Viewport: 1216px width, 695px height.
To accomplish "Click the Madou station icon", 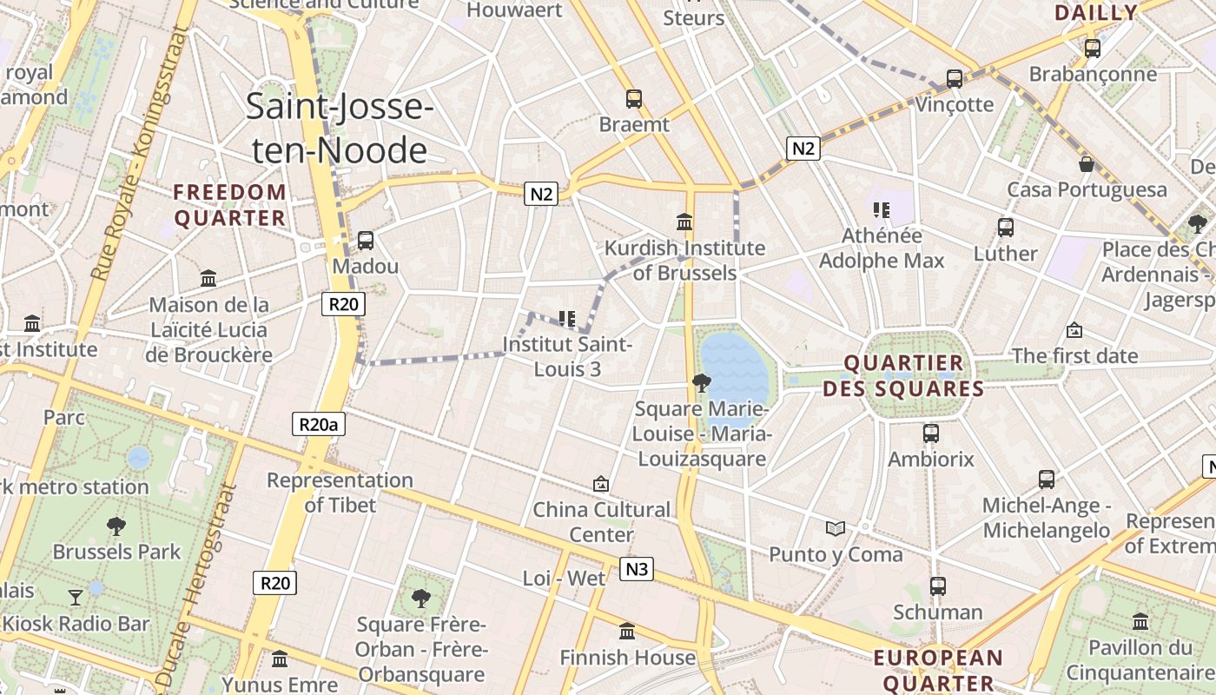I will [x=365, y=240].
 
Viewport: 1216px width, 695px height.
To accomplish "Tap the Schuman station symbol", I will [x=937, y=586].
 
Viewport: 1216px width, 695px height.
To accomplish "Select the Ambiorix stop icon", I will [x=931, y=433].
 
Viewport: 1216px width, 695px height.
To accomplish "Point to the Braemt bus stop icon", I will [x=634, y=99].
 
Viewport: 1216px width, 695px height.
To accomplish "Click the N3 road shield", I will [x=637, y=569].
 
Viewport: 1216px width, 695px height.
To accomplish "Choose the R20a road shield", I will [x=319, y=424].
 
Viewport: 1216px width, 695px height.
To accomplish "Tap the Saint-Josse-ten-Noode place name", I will [x=340, y=128].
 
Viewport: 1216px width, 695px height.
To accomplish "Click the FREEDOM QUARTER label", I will [x=230, y=205].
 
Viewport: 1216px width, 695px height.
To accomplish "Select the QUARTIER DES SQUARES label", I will [x=903, y=375].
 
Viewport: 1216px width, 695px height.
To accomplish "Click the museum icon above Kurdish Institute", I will [x=684, y=222].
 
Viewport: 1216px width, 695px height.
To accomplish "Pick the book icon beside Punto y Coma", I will [x=835, y=528].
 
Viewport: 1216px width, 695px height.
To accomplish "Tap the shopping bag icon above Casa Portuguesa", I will [x=1086, y=164].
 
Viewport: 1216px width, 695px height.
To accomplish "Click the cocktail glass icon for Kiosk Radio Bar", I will [x=76, y=597].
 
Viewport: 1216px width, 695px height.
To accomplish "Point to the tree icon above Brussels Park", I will [x=116, y=526].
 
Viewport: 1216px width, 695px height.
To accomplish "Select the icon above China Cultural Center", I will [x=600, y=484].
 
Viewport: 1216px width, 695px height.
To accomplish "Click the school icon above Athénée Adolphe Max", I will [x=882, y=209].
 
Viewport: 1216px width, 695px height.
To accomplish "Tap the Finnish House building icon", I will [x=627, y=632].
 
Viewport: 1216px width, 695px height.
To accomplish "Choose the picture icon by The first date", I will [x=1074, y=330].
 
